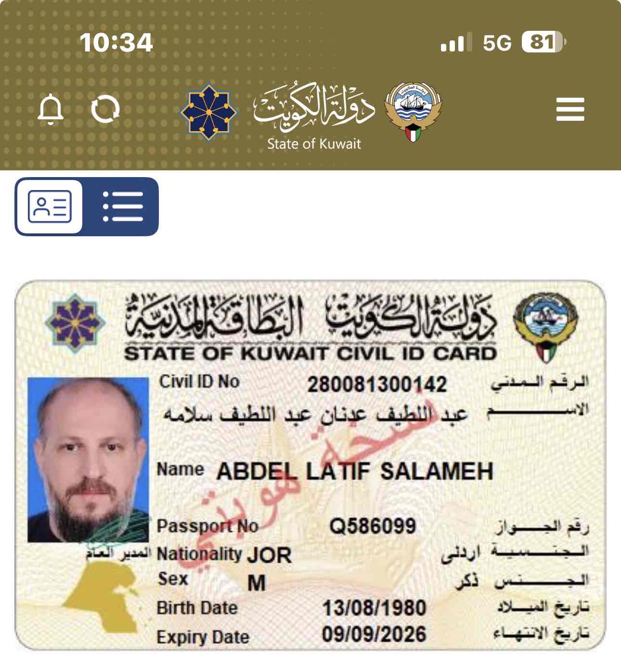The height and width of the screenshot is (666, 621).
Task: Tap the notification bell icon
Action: tap(51, 110)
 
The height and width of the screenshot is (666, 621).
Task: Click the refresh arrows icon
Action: tap(105, 109)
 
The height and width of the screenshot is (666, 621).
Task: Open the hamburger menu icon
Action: tap(570, 109)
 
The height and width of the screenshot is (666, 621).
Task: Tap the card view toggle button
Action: tap(50, 207)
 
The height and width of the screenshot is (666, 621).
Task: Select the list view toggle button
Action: tap(123, 207)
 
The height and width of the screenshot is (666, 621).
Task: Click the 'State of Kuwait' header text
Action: tap(314, 143)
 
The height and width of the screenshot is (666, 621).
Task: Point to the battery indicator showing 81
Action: tap(543, 42)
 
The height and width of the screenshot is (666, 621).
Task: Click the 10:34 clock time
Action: tap(116, 42)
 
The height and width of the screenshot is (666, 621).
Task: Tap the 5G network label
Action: tap(497, 43)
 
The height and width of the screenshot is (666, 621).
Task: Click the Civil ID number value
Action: tap(377, 384)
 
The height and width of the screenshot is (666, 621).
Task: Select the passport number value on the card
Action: tap(373, 526)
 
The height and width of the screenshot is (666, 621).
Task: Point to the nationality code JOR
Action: tap(269, 555)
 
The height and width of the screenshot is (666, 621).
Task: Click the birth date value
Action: tap(374, 608)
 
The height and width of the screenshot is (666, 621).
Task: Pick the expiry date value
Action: tap(374, 634)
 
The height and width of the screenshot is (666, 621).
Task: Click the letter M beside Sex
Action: tap(257, 583)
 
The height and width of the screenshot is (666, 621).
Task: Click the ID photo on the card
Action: tap(88, 460)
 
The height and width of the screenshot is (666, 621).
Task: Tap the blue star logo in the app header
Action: tap(209, 113)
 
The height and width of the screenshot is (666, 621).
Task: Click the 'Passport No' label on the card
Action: tap(207, 526)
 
